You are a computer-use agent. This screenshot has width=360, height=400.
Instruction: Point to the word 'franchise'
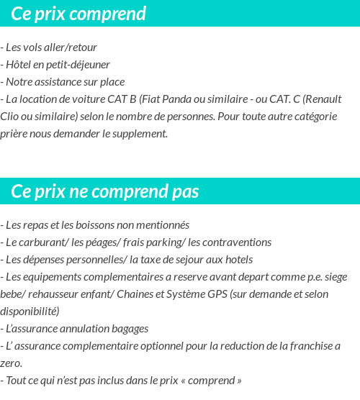pyautogui.click(x=309, y=346)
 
